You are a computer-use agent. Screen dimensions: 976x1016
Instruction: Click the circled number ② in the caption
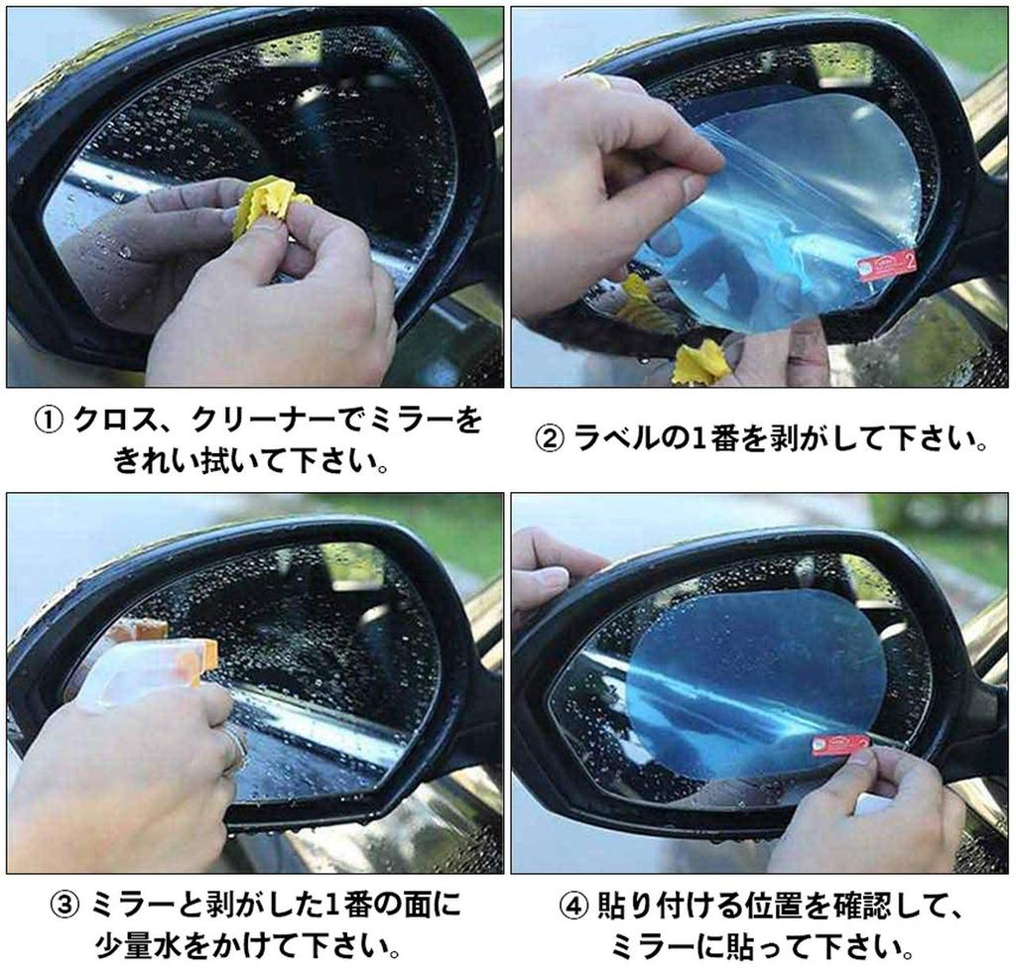click(549, 439)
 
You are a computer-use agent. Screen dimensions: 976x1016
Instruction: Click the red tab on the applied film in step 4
click(839, 744)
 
